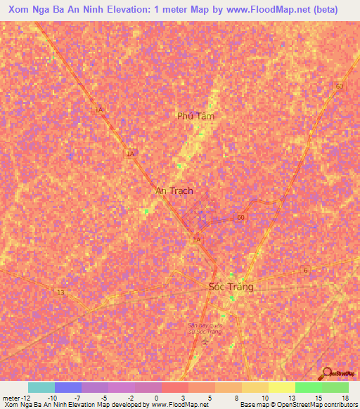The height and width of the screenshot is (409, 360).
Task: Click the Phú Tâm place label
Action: [195, 116]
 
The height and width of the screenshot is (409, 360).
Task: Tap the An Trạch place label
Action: [174, 190]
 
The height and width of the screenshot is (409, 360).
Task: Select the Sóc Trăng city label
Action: [231, 287]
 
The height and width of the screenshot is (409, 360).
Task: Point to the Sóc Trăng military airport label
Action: [205, 329]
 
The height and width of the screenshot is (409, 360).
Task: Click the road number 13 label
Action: [60, 292]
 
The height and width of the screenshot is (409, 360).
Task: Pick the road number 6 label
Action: [305, 271]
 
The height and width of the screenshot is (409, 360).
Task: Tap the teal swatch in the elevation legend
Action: [41, 387]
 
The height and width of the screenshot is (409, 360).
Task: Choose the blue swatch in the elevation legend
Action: [68, 387]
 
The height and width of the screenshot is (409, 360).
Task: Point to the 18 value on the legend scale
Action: [344, 398]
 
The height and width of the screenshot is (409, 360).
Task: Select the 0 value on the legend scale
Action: [156, 398]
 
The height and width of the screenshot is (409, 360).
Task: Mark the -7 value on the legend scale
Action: [77, 398]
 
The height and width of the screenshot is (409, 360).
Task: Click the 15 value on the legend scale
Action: [318, 398]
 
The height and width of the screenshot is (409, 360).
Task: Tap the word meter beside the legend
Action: [12, 398]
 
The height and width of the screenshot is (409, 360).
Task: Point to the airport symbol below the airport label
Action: [205, 342]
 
